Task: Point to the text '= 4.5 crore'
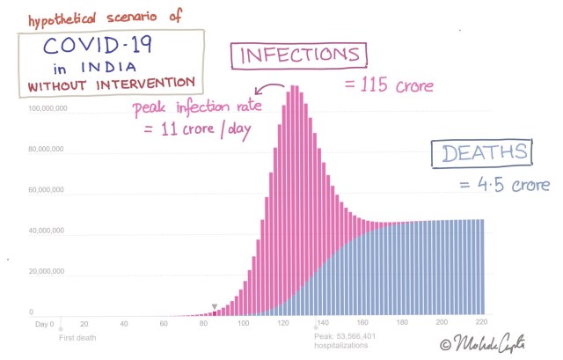coord(505,185)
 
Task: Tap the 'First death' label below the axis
coord(77,337)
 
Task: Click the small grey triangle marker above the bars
coord(213,306)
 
